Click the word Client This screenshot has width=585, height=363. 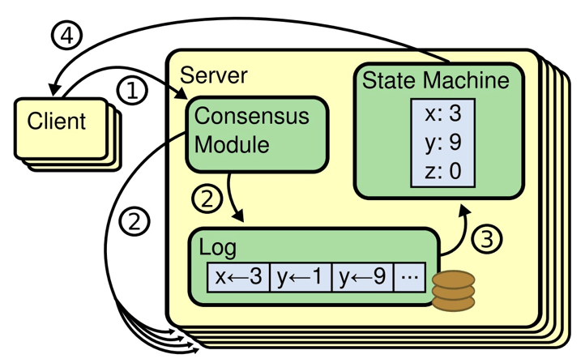pos(56,122)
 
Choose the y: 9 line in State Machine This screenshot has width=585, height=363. pos(442,143)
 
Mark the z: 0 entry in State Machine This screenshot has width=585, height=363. pos(442,172)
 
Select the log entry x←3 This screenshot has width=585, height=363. pos(237,277)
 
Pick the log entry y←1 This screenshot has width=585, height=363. pos(299,277)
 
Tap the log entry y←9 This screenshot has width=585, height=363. pos(361,277)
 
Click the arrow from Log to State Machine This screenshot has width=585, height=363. pos(456,227)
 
